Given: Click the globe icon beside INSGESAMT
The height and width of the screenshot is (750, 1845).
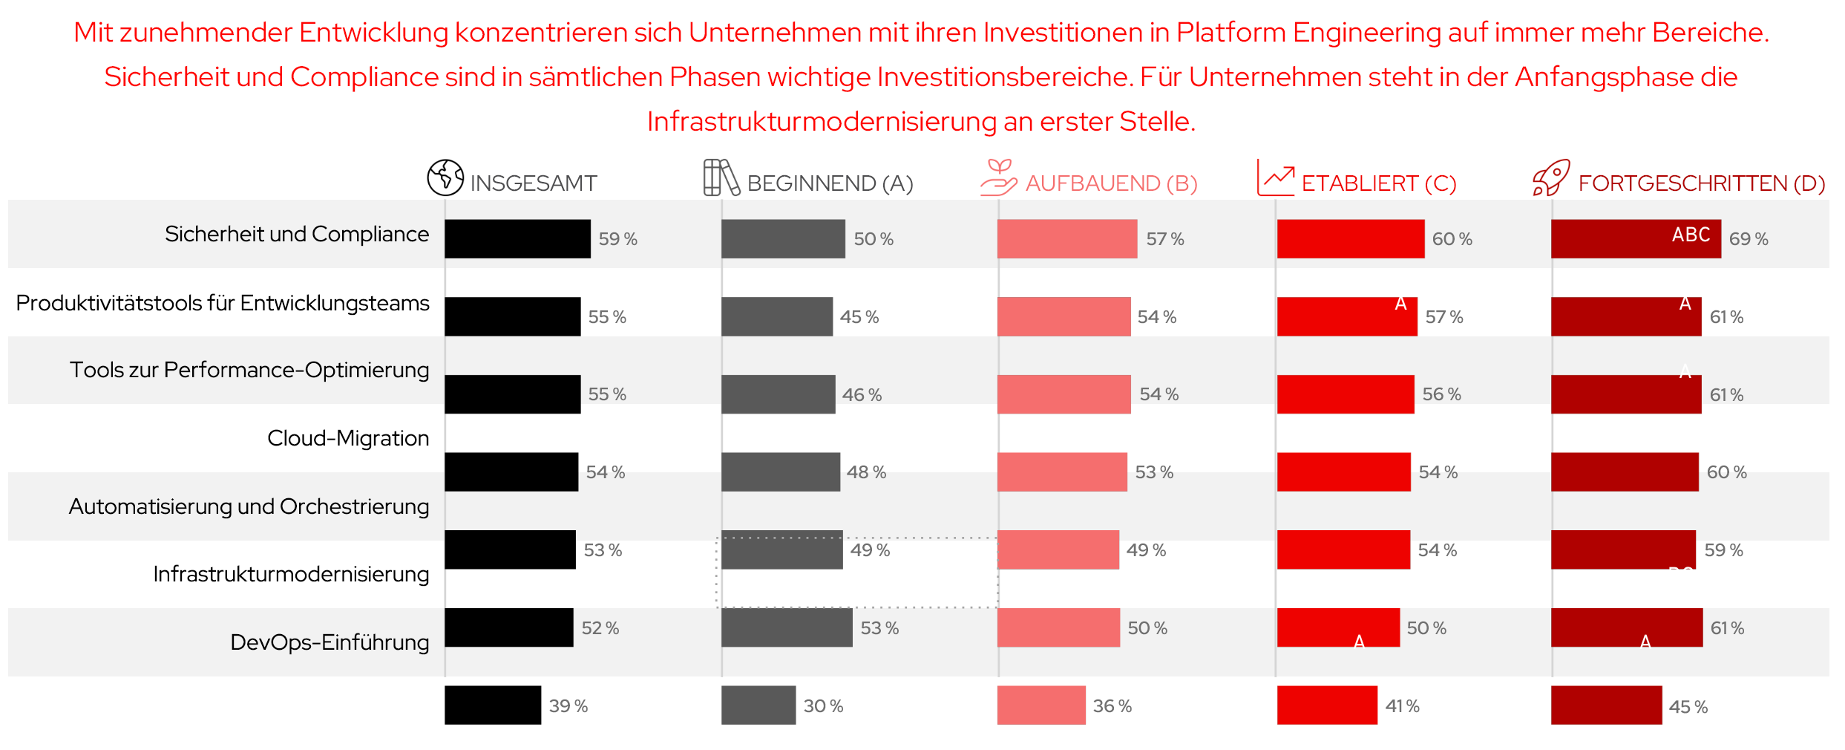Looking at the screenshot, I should (x=445, y=177).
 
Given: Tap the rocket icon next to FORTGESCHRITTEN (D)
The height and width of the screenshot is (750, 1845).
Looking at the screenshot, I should (x=1551, y=177).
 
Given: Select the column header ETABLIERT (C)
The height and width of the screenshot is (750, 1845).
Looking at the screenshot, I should (x=1378, y=183).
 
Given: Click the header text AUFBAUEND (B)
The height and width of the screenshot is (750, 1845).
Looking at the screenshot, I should (x=1111, y=183).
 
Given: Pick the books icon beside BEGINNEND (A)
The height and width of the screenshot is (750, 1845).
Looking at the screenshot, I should (x=721, y=177).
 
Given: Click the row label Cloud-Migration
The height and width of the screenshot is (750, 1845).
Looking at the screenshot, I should (x=347, y=438).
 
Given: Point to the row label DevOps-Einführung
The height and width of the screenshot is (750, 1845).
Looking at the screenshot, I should (x=329, y=642).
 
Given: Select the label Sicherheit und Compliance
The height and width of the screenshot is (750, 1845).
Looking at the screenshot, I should (x=296, y=234).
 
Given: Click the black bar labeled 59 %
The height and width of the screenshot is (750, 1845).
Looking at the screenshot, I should (x=517, y=239).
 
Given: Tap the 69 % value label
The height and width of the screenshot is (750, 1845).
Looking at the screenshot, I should (x=1748, y=239).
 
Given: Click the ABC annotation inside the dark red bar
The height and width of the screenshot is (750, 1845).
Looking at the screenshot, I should (x=1690, y=235).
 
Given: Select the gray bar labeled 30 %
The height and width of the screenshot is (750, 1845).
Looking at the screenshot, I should (x=758, y=705).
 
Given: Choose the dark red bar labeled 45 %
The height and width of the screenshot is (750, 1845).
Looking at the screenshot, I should (x=1605, y=705).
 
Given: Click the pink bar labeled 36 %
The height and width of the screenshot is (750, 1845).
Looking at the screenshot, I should (x=1041, y=705).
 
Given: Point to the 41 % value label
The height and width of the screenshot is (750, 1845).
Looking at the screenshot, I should (x=1401, y=706).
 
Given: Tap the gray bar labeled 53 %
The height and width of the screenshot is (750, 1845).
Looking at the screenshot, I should (x=786, y=627).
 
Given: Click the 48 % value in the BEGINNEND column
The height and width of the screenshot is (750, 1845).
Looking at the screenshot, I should (x=865, y=472).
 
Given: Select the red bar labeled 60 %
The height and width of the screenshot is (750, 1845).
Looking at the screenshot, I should (x=1350, y=239).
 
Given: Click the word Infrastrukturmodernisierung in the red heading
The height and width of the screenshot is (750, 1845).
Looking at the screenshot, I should (x=821, y=122).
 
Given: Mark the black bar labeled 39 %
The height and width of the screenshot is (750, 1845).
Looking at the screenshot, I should (x=492, y=705).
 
